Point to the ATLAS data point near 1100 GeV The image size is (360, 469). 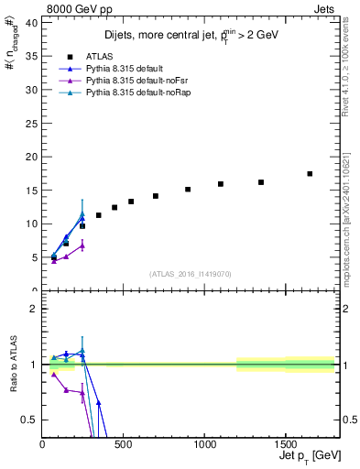(x=221, y=184)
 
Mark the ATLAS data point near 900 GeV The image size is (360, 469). (x=188, y=190)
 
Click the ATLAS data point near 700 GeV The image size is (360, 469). (x=156, y=196)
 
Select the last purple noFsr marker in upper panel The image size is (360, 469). (x=82, y=245)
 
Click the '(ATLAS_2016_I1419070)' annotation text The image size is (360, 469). (x=190, y=273)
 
